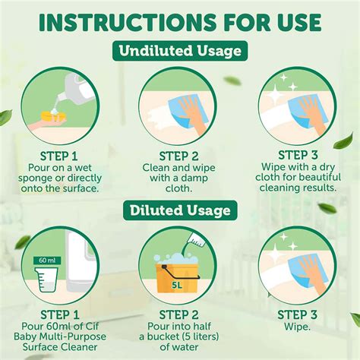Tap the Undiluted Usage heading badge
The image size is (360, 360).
click(180, 51)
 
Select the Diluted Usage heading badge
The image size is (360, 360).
click(180, 210)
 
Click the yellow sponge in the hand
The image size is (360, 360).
click(54, 117)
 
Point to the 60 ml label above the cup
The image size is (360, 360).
click(47, 261)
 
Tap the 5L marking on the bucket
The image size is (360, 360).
click(177, 286)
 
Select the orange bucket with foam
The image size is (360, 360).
click(177, 276)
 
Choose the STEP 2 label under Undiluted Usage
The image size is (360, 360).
click(178, 156)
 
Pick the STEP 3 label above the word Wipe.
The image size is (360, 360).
click(297, 315)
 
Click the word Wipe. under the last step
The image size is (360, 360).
click(297, 327)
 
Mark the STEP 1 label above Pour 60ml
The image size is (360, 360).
click(60, 315)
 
